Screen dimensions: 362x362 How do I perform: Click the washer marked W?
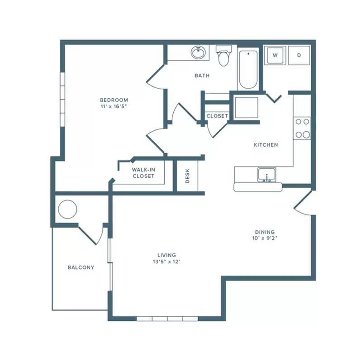pos(275,55)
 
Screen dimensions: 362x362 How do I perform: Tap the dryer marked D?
pos(299,55)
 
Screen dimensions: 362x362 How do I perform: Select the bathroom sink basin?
pos(198,52)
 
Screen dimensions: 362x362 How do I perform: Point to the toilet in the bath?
pos(224,55)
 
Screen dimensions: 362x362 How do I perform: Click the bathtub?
pos(248,70)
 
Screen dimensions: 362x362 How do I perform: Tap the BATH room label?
pos(202,76)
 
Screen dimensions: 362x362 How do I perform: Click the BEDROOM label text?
pos(114,100)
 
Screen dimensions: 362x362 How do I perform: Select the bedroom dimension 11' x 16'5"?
pos(114,106)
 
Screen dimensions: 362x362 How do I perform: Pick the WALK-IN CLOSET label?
pos(143,173)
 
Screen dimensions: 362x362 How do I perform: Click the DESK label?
pos(187,176)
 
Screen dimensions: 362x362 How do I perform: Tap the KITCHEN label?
pos(266,145)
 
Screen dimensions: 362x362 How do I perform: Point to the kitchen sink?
pos(267,175)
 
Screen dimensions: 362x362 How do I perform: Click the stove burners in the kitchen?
pos(302,128)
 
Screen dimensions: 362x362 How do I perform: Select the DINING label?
pos(265,232)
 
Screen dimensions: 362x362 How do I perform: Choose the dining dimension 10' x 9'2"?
pos(265,238)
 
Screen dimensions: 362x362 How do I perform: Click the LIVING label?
pos(167,255)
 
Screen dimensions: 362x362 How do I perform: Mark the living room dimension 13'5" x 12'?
pos(167,262)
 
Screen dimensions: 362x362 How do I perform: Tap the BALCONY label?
pos(81,267)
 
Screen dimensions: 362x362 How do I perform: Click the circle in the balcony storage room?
pos(67,209)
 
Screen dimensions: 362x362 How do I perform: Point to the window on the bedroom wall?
pos(62,99)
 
